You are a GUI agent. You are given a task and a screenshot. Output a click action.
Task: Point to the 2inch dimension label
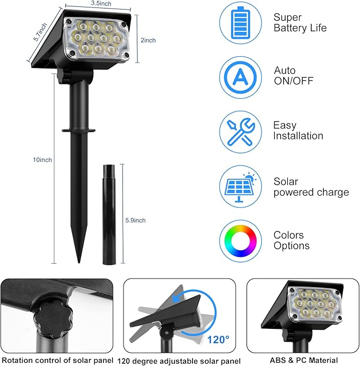pos(148,40)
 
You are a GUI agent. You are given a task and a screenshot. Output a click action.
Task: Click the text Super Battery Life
pos(300,23)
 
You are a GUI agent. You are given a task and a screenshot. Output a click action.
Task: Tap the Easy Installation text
pos(297,130)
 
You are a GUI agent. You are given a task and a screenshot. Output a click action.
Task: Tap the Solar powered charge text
pos(311,187)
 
